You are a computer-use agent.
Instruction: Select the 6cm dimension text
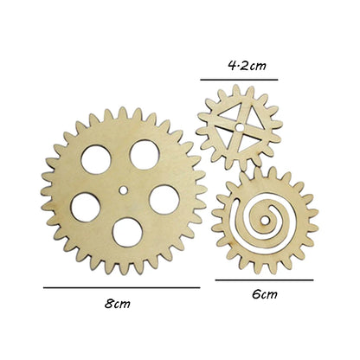click(x=265, y=294)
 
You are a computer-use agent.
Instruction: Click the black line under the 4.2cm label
click(x=239, y=79)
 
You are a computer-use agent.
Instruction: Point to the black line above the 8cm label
click(x=121, y=286)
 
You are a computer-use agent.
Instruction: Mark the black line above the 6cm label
click(x=265, y=280)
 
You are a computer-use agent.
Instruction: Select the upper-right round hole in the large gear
click(x=143, y=154)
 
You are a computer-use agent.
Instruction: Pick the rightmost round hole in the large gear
click(x=164, y=198)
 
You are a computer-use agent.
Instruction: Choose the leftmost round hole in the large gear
click(x=85, y=207)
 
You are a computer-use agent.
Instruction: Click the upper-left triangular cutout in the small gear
click(x=226, y=119)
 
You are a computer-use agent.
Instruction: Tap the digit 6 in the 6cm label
click(x=257, y=294)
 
